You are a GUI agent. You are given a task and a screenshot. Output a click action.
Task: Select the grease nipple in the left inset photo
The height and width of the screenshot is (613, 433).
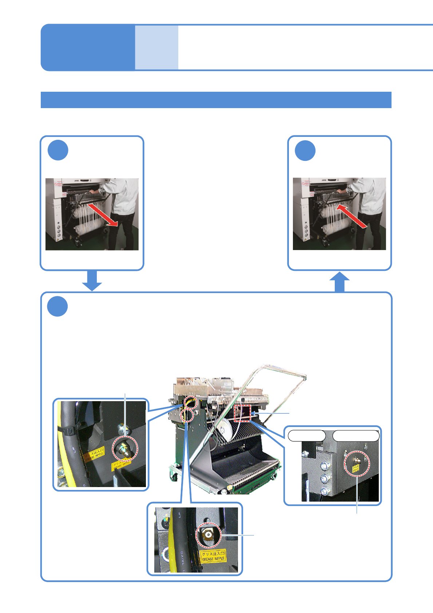click(x=124, y=448)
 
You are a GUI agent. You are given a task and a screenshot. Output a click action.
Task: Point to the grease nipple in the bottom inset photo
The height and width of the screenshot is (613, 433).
click(x=208, y=535)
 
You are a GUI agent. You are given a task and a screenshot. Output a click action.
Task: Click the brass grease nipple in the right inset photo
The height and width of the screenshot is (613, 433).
click(x=357, y=460)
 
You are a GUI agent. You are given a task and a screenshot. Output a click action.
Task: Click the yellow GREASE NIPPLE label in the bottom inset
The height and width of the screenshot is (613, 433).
click(x=213, y=556)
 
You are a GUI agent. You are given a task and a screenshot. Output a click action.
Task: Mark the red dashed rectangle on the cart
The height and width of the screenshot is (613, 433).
click(x=243, y=412)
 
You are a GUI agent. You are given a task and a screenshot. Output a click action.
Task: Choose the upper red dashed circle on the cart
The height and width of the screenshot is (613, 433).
click(x=190, y=402)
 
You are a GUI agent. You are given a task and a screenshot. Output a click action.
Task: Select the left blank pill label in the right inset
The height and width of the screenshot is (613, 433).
click(x=306, y=435)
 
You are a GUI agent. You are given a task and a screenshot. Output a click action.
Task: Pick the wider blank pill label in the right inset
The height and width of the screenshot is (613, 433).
click(x=356, y=435)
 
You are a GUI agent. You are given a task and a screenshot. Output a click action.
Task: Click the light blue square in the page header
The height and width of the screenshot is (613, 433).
click(x=156, y=47)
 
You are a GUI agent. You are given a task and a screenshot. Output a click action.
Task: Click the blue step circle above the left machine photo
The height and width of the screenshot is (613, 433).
click(x=58, y=150)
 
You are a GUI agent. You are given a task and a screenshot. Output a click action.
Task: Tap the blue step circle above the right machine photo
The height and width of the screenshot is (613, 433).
click(x=305, y=150)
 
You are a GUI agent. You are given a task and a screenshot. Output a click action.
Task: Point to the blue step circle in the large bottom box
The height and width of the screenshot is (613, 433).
click(x=57, y=306)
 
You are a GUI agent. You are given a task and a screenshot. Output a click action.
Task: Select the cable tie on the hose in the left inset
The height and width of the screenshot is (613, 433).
click(x=69, y=431)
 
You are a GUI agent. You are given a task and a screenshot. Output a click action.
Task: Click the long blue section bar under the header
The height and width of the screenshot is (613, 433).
click(x=216, y=100)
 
